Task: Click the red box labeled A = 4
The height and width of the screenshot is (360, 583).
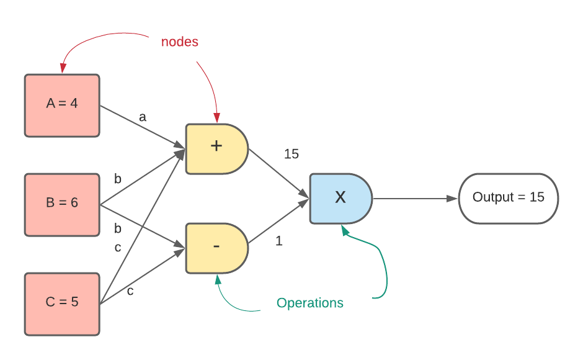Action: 62,106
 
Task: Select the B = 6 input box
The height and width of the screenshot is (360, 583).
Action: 62,205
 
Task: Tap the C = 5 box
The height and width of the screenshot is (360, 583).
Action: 62,304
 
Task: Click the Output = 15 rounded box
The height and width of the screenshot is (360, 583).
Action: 509,199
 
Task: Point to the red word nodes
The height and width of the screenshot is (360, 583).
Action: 180,42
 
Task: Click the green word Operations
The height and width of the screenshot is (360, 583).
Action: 309,304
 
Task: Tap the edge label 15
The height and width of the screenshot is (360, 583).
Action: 291,154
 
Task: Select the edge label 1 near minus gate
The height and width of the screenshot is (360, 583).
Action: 279,241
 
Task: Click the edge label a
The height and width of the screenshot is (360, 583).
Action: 143,117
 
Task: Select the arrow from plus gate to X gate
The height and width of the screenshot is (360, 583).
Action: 279,174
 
